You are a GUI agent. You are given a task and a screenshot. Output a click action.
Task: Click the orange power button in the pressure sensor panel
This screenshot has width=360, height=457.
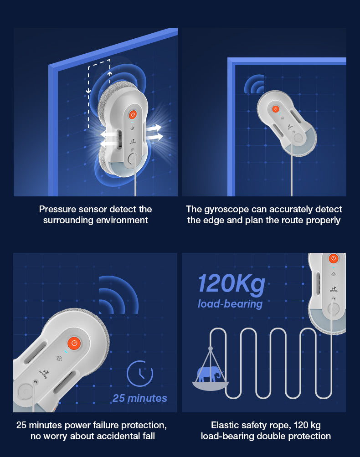coord(133,114)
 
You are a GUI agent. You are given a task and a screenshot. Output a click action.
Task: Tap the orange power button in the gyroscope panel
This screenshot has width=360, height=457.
coord(275,109)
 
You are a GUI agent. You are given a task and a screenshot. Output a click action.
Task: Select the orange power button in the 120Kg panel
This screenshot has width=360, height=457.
coord(334,258)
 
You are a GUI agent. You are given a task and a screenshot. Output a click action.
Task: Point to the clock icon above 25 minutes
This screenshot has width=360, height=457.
coord(140,373)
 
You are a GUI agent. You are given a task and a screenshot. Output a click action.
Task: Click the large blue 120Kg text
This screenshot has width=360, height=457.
coord(232,284)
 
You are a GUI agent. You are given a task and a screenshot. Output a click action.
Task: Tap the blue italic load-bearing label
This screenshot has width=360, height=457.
coord(230,304)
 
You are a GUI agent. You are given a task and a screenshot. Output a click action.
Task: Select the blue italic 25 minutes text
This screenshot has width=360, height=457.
coord(140,398)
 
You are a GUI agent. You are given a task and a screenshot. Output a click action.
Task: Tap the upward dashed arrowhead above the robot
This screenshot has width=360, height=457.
coord(110,73)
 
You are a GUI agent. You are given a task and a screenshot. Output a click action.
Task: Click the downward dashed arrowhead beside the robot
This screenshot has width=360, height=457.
coord(88,91)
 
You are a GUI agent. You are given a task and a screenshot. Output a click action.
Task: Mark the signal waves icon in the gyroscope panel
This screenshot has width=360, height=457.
coord(254,84)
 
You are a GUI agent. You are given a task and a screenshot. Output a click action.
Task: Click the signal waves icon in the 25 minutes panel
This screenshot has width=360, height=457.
coord(118,295)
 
